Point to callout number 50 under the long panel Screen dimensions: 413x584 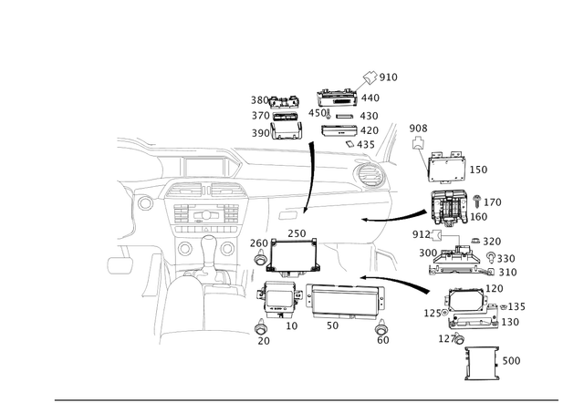coord(332,324)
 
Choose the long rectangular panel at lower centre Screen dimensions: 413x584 coord(344,300)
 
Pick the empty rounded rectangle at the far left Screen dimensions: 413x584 coord(119,264)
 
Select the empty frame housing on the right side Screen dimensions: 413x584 coord(448,169)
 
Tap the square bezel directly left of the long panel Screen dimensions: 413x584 coord(277,296)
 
